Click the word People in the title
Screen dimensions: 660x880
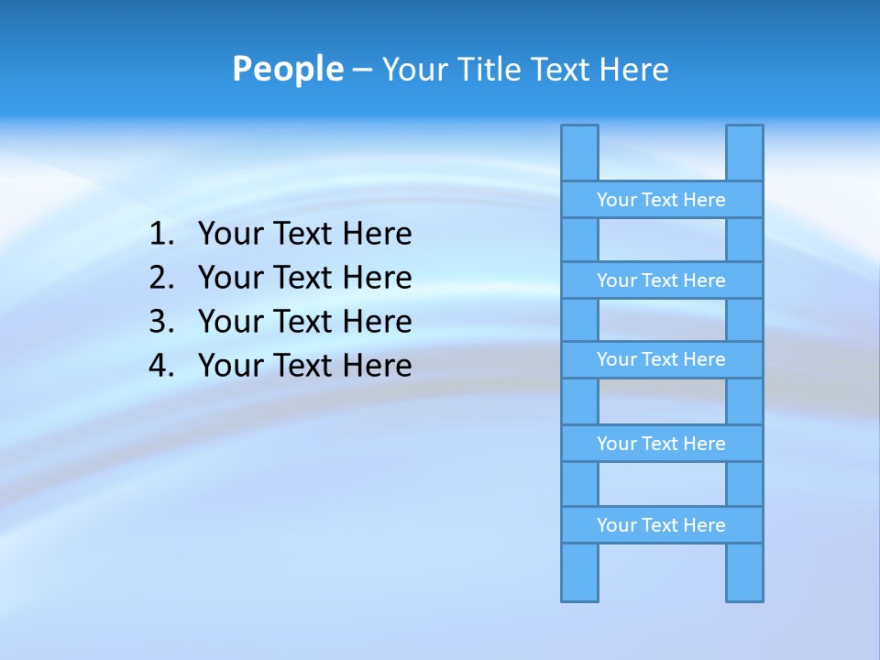pyautogui.click(x=288, y=70)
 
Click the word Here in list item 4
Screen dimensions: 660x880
pyautogui.click(x=377, y=366)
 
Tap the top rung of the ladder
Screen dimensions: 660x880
pyautogui.click(x=661, y=200)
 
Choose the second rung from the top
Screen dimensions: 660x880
pyautogui.click(x=661, y=280)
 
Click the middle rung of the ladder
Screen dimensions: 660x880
pyautogui.click(x=661, y=359)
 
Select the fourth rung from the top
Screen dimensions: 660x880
pyautogui.click(x=661, y=444)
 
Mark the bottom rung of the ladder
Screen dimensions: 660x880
pyautogui.click(x=661, y=525)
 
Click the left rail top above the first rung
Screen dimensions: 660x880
pyautogui.click(x=579, y=153)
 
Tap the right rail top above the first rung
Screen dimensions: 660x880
pyautogui.click(x=744, y=153)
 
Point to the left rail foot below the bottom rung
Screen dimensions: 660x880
pyautogui.click(x=579, y=572)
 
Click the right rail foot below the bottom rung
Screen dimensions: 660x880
pyautogui.click(x=744, y=572)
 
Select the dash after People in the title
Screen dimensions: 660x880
pyautogui.click(x=362, y=70)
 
